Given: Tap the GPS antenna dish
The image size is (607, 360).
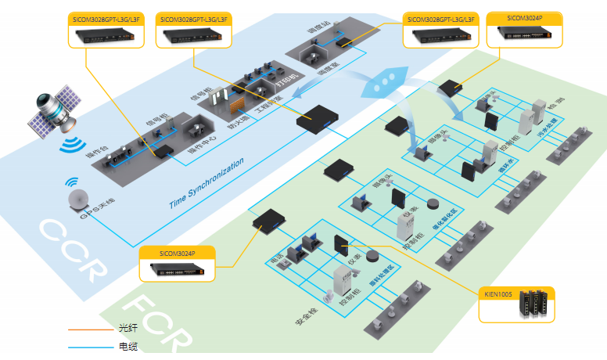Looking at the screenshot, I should pyautogui.click(x=79, y=199).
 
